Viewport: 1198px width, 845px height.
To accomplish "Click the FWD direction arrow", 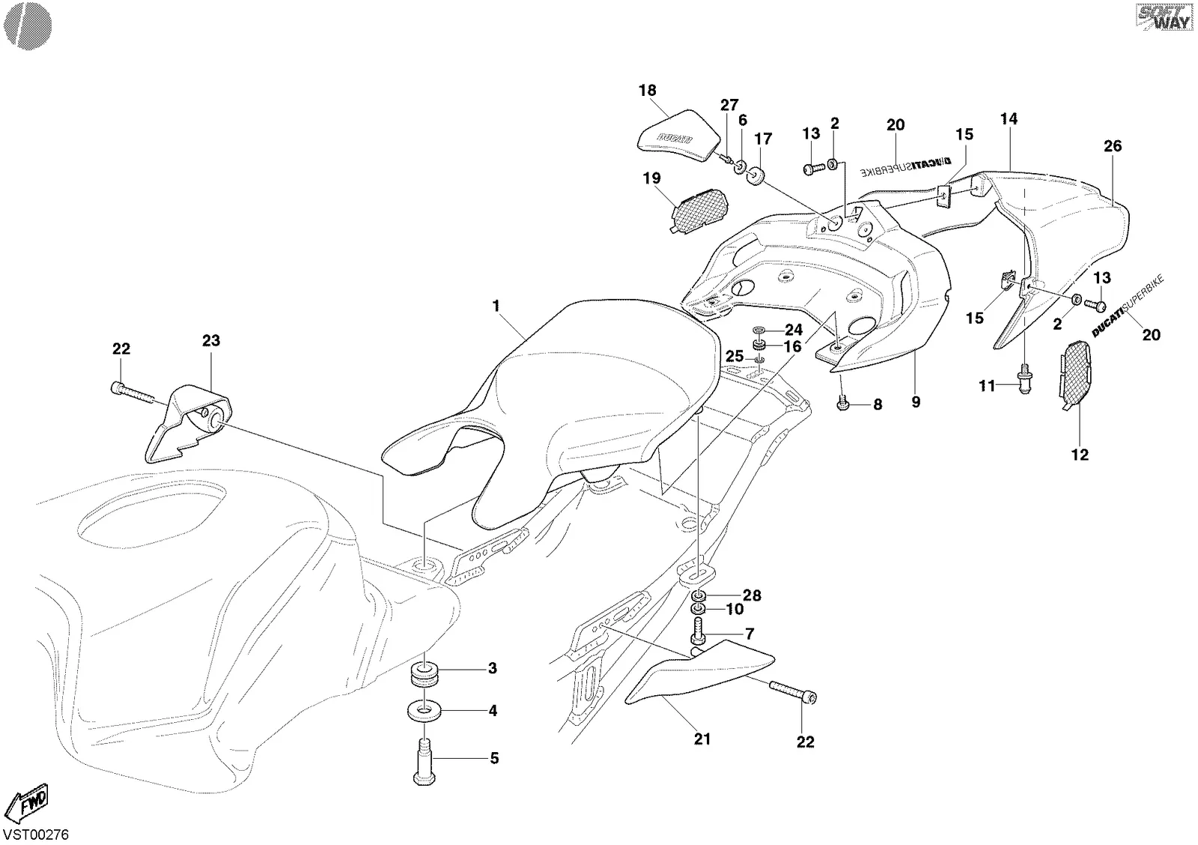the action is point(27,803).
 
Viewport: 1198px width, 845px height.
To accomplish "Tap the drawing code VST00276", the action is point(36,835).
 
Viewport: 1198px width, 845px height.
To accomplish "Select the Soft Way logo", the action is point(1164,17).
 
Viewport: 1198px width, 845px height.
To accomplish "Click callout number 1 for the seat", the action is point(496,306).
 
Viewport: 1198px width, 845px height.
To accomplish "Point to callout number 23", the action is point(211,340).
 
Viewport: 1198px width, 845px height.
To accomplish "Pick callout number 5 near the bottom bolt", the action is point(494,758).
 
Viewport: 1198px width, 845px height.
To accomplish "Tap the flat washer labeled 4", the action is point(424,711).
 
